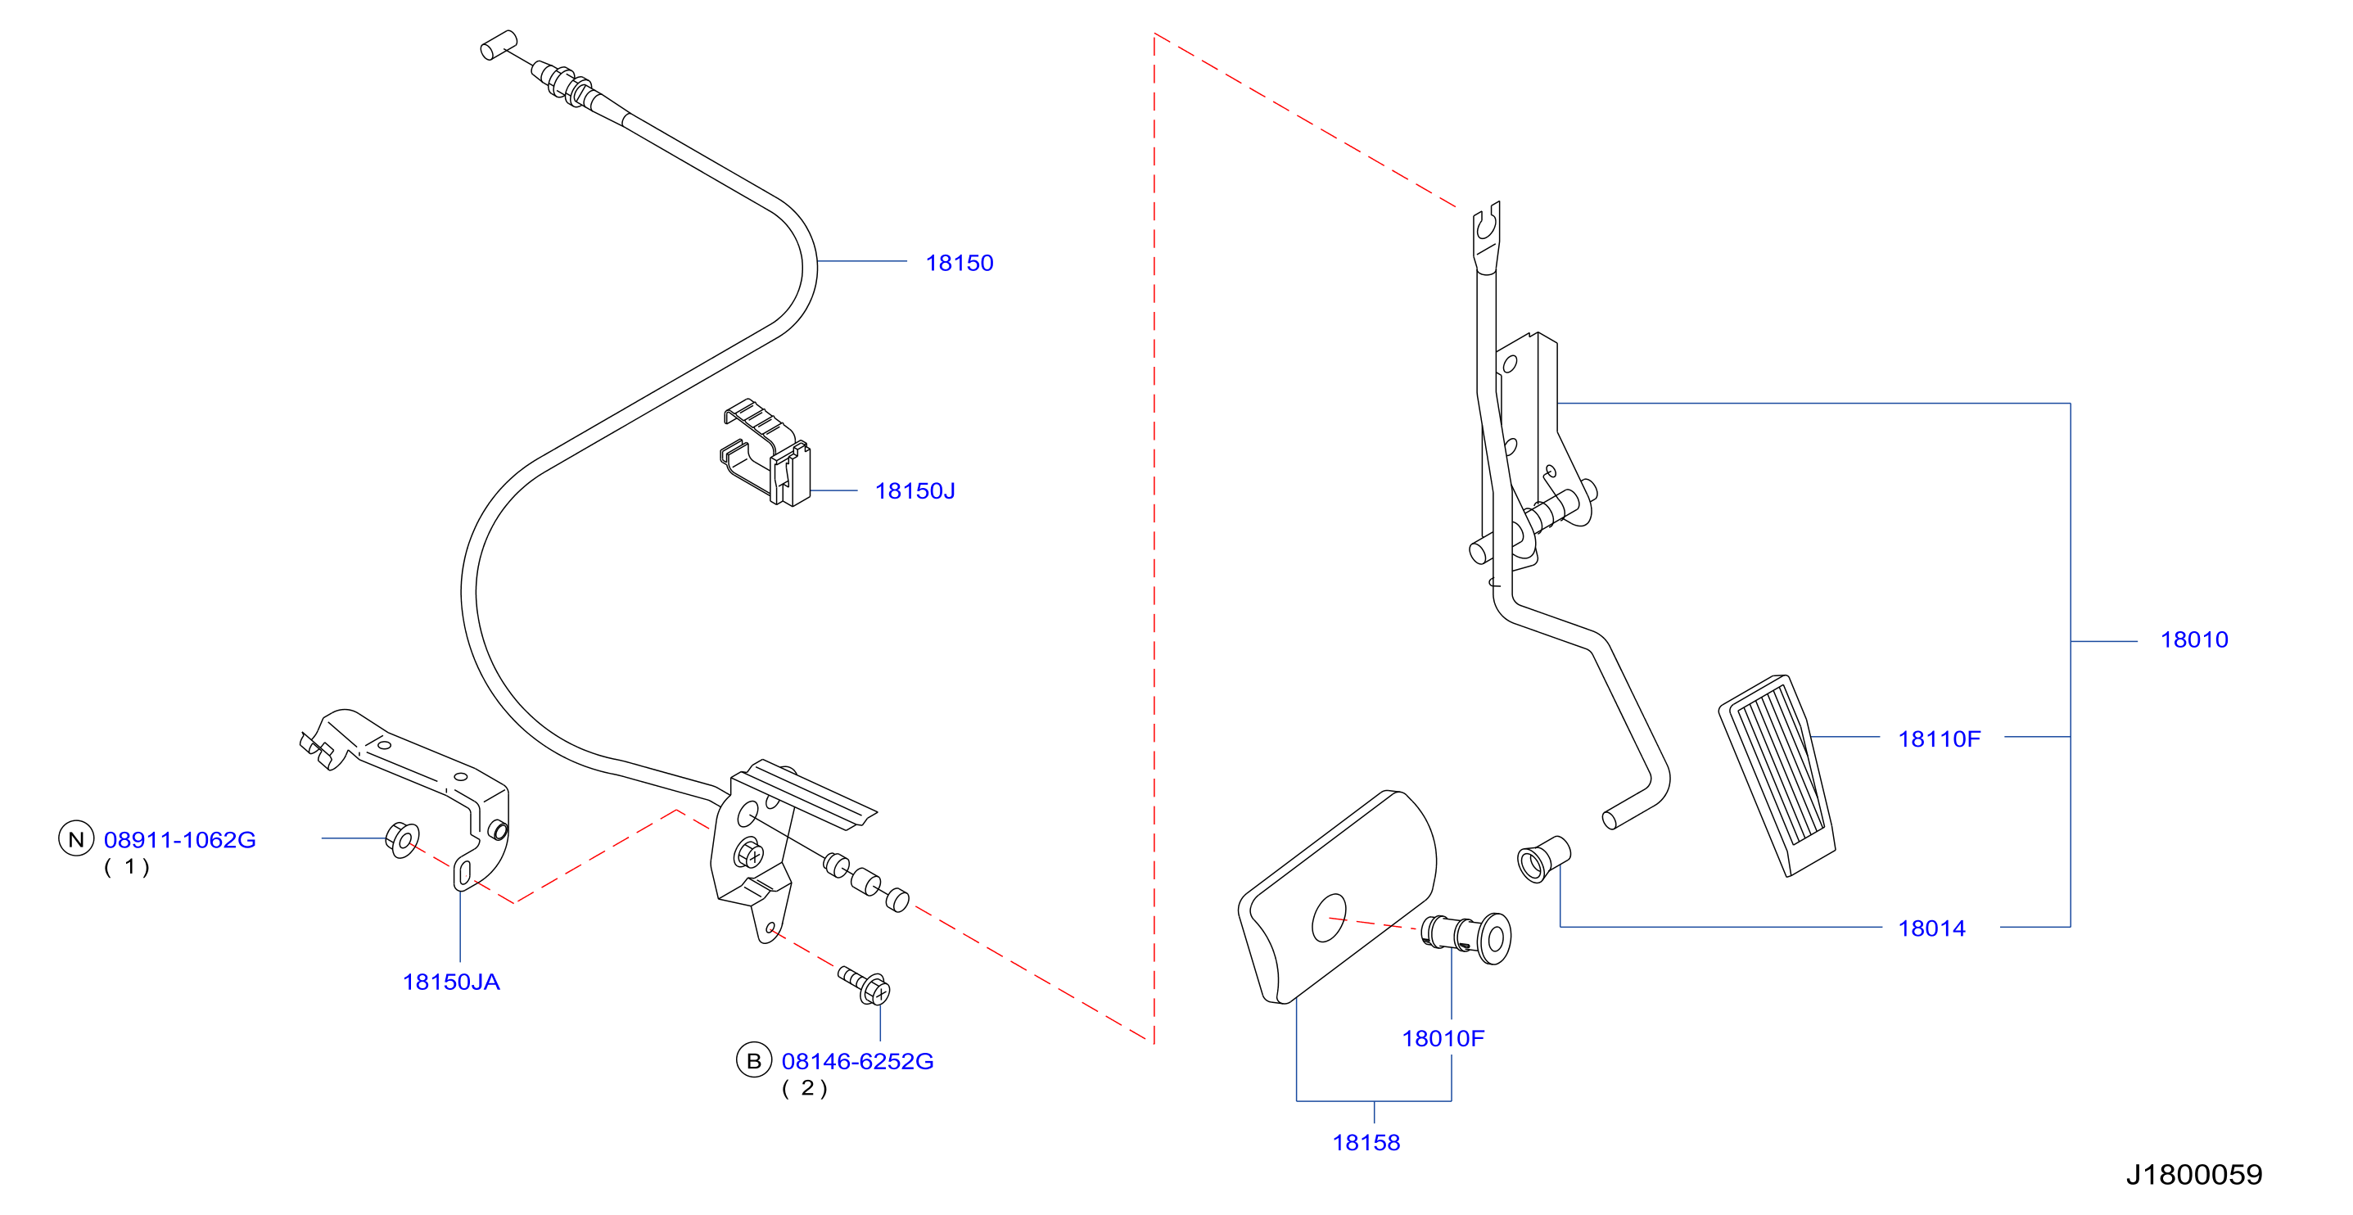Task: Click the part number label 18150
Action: [959, 263]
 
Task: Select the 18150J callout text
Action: [915, 491]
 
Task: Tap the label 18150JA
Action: [451, 982]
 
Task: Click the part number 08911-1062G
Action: [180, 839]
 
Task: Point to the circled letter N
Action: [77, 838]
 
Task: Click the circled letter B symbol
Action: [753, 1060]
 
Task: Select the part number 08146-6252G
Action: [858, 1062]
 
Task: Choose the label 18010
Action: [2194, 640]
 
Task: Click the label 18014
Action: [1932, 929]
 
